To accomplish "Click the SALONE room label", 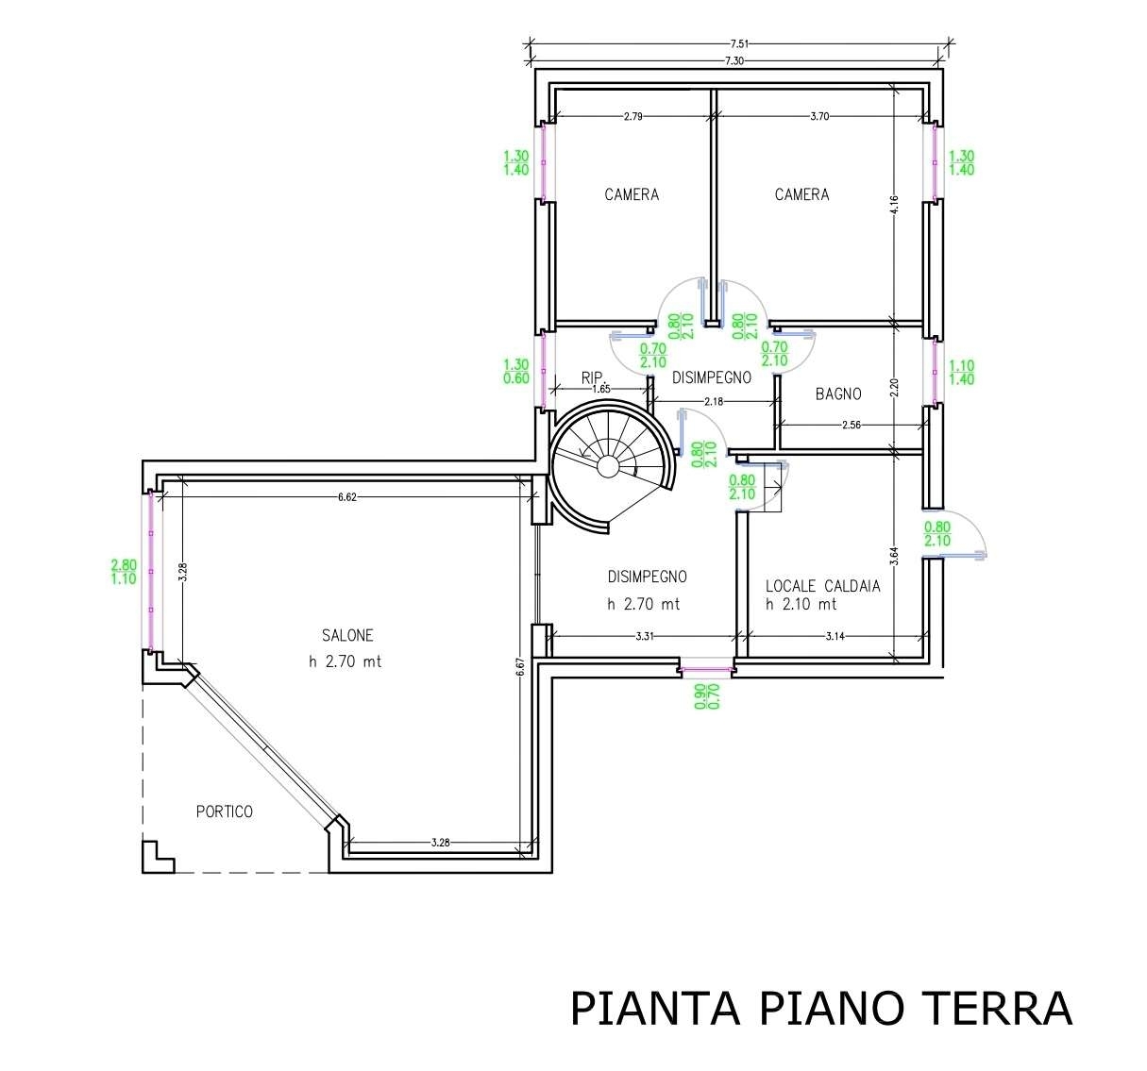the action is (x=347, y=636).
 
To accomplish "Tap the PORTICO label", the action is (x=224, y=812).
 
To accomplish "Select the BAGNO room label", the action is (x=838, y=394).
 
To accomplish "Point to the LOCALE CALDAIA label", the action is (x=822, y=587).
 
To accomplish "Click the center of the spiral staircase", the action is (x=608, y=465).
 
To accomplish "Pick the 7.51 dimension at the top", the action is (x=739, y=43).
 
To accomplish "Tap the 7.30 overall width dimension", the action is (x=734, y=60).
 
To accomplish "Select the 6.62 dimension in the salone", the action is (x=347, y=497).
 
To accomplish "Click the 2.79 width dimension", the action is (x=633, y=116).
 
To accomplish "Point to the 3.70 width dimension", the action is (x=819, y=116).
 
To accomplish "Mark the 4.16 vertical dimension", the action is (x=894, y=205).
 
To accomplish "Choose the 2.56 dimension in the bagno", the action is (x=852, y=425).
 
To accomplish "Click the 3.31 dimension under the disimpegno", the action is (x=645, y=636).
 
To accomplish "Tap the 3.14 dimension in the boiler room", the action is (x=835, y=636).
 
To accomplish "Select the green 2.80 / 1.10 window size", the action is (x=124, y=572).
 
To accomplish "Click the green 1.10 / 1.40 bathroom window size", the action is (x=962, y=373).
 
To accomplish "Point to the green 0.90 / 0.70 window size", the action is (x=706, y=696).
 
